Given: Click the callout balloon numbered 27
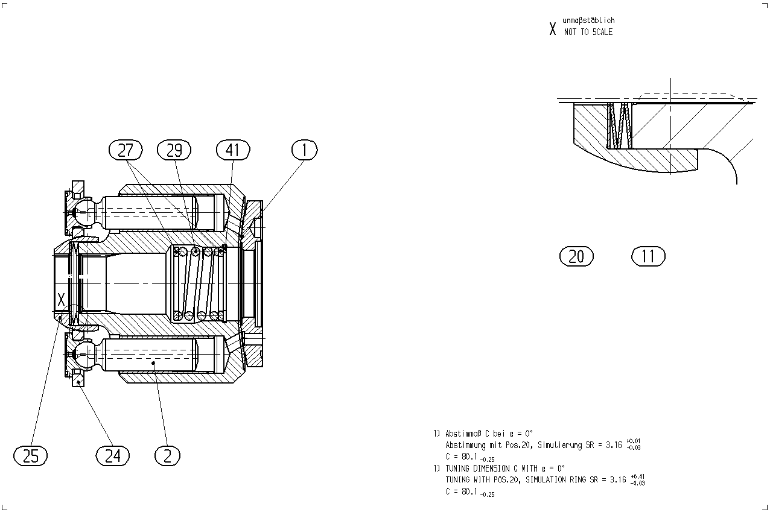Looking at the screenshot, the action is point(126,150).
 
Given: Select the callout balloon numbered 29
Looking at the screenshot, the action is point(174,150).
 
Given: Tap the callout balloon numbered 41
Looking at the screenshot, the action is point(233,150).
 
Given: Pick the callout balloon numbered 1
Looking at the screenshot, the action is point(305,150).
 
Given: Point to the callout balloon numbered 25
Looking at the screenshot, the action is point(31,456).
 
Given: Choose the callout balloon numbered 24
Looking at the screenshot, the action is point(113,456).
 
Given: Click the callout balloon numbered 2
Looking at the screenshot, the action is point(167,456).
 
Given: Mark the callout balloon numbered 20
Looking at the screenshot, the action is point(576,256).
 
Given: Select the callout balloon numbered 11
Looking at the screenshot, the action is point(648,256).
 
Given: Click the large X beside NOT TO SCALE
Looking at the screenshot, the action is point(552,29).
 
